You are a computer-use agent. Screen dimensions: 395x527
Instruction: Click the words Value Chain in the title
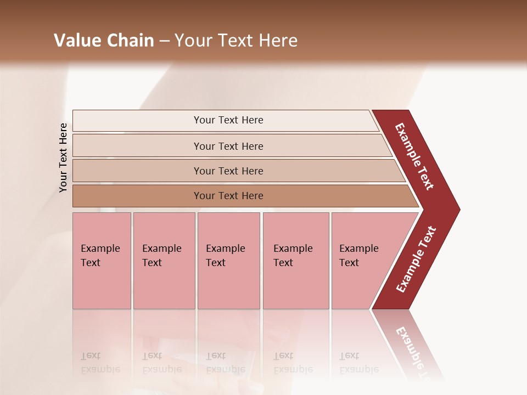coord(104,41)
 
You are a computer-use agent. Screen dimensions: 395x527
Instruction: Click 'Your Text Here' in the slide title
coord(236,41)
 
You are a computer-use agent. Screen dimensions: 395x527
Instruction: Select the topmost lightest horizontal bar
coord(228,120)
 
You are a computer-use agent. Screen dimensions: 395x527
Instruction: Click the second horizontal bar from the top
coord(228,146)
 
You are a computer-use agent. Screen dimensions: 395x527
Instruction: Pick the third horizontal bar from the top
coord(228,171)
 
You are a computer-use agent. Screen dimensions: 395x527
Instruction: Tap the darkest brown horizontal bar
coord(228,196)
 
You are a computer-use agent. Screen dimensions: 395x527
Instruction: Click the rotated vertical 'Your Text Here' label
coord(63,157)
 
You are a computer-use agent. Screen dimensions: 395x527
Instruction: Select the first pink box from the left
coord(102,261)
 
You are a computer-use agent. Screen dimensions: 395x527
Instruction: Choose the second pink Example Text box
coord(164,261)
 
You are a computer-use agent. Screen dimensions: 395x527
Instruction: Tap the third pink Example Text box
coord(228,261)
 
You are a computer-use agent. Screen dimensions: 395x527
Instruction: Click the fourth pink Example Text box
coord(295,261)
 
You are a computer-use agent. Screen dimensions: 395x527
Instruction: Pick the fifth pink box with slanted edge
coord(362,261)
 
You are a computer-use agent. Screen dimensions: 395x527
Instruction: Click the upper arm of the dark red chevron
coord(415,156)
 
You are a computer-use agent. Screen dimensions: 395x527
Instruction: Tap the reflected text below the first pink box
coord(100,363)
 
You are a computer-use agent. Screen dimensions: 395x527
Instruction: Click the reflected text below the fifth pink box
coord(358,363)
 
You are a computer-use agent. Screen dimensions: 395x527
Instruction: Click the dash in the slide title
coord(164,41)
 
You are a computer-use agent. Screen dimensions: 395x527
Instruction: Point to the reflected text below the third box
coord(225,363)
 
